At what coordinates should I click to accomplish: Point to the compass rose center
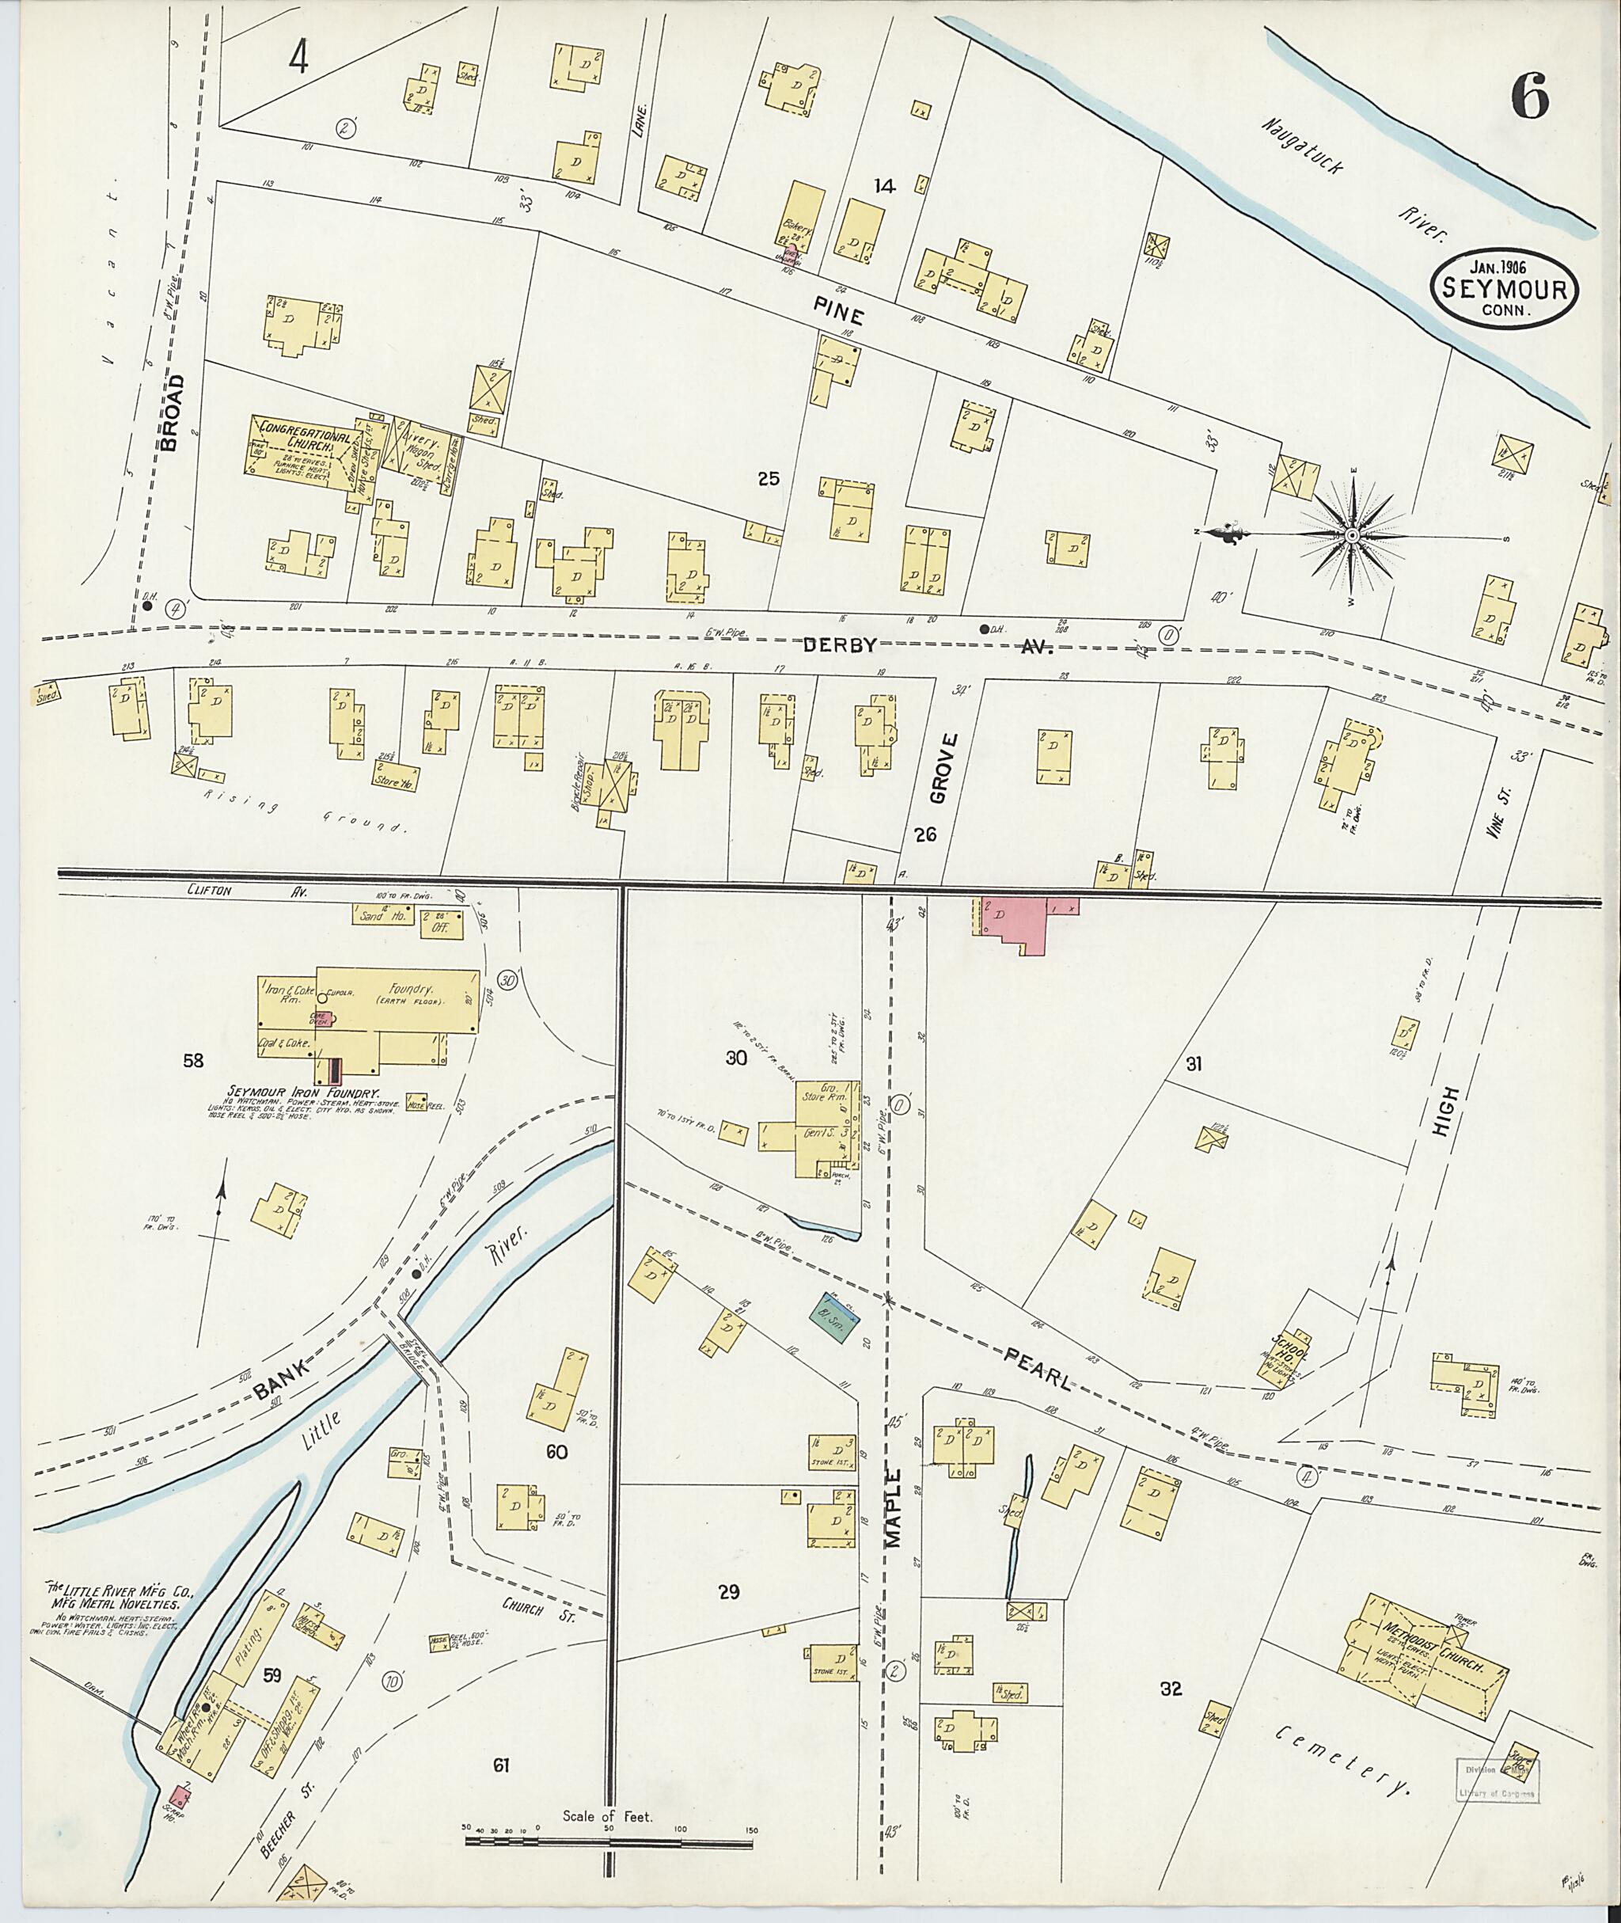click(1352, 535)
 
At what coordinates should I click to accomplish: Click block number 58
click(193, 1061)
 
